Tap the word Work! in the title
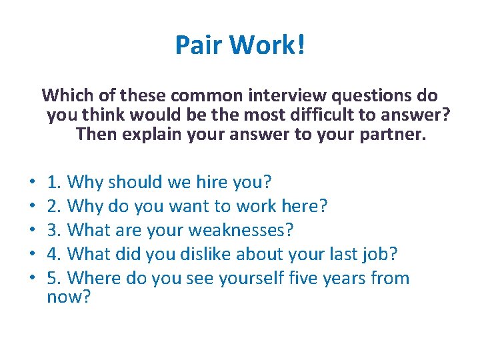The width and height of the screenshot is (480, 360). [267, 45]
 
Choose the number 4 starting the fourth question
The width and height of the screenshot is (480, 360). [52, 254]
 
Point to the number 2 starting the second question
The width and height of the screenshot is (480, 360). [52, 206]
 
